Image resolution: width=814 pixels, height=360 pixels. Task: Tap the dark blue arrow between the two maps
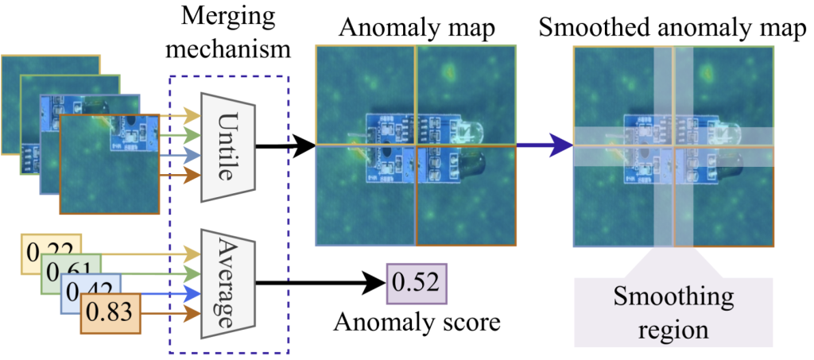pos(544,145)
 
